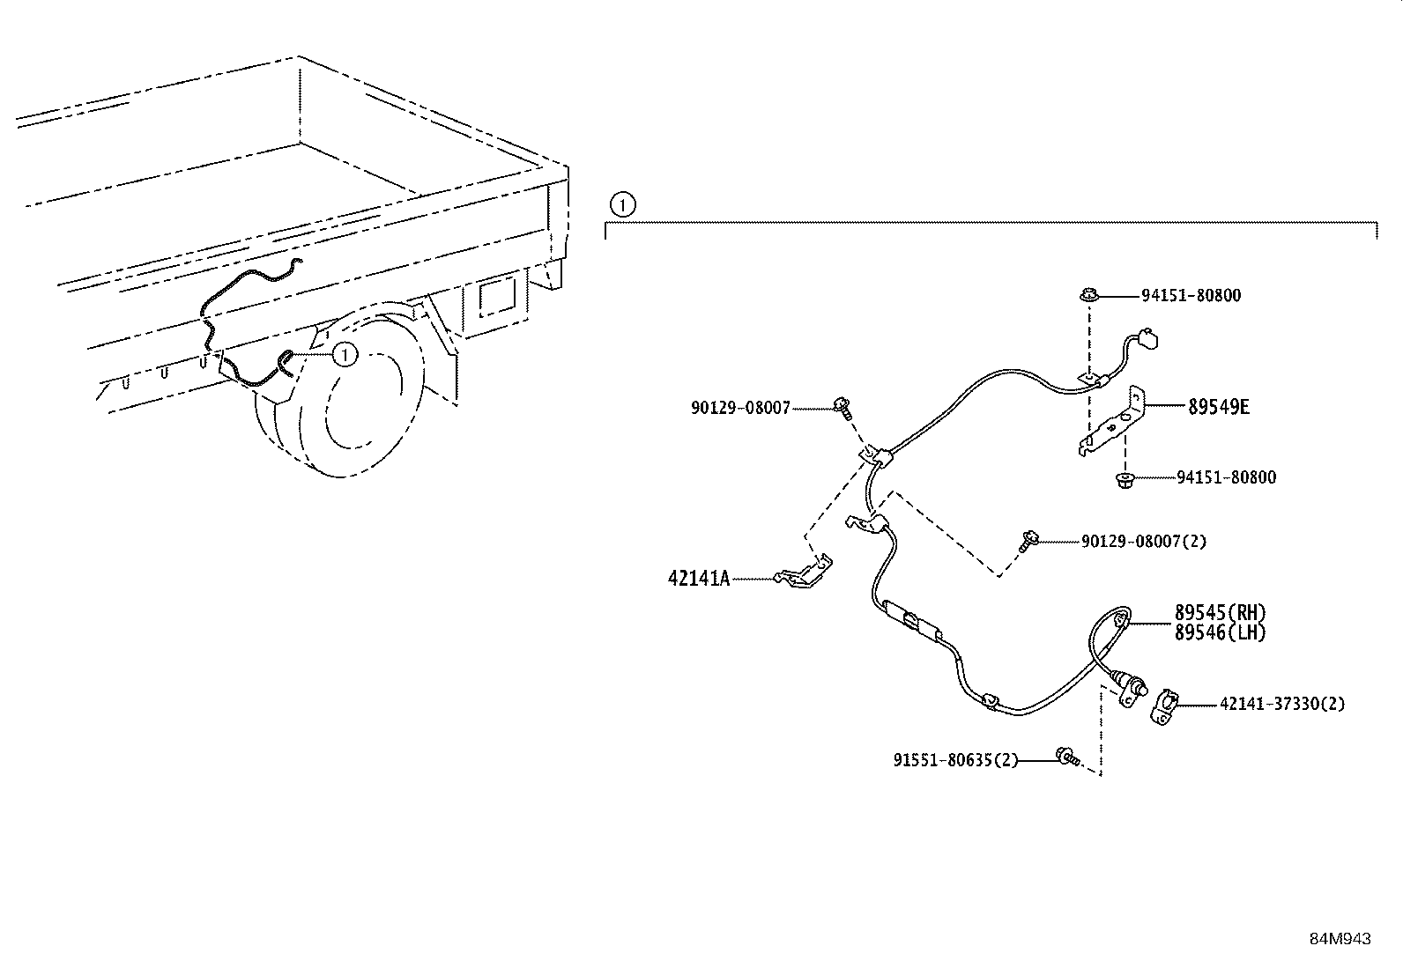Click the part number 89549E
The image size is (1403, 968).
click(1219, 407)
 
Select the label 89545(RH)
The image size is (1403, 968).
click(1220, 612)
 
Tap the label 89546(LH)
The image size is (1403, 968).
click(1220, 632)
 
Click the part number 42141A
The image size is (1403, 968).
click(699, 579)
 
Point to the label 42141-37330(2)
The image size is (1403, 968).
click(1282, 704)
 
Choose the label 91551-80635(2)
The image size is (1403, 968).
click(955, 759)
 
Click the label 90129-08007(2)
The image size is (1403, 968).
click(1144, 541)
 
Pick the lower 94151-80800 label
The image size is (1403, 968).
click(1226, 477)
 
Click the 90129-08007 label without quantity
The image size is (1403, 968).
click(740, 408)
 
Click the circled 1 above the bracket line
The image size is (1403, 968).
click(622, 205)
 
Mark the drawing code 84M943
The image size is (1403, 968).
click(1340, 939)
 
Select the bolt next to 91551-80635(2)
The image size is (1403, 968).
click(1066, 756)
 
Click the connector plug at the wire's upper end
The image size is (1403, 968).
click(1146, 337)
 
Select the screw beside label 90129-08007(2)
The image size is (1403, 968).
click(1028, 540)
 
